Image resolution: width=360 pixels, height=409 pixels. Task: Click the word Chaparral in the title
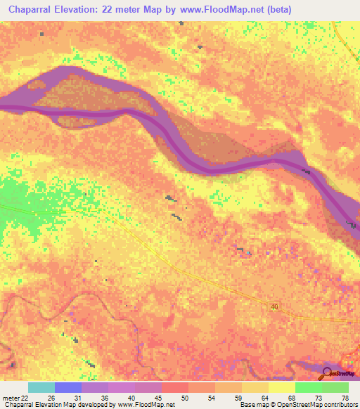click(x=27, y=9)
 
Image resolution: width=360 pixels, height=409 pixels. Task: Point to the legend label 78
click(x=344, y=398)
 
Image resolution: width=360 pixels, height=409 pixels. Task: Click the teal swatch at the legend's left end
click(x=41, y=387)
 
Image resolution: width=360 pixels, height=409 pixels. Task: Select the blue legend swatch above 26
click(x=68, y=387)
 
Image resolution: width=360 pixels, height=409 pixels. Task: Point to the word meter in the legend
click(x=10, y=398)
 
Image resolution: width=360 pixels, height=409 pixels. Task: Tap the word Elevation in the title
click(x=78, y=9)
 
